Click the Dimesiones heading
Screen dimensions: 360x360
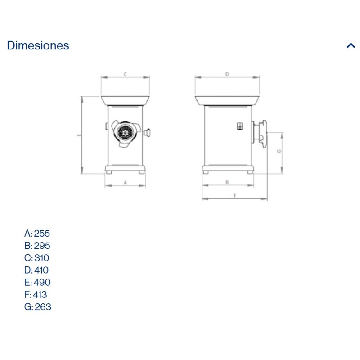pyautogui.click(x=38, y=45)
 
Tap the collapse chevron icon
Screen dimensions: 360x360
pyautogui.click(x=351, y=45)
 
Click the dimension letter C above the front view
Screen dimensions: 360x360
pyautogui.click(x=125, y=74)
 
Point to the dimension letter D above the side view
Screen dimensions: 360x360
pyautogui.click(x=227, y=74)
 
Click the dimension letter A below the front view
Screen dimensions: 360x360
pyautogui.click(x=126, y=183)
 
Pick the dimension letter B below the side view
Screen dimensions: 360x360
pyautogui.click(x=227, y=183)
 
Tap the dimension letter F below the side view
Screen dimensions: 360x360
pyautogui.click(x=235, y=195)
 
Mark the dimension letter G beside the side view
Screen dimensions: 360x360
pyautogui.click(x=279, y=152)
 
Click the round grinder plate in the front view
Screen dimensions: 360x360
pyautogui.click(x=125, y=132)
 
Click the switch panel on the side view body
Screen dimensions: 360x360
pyautogui.click(x=239, y=127)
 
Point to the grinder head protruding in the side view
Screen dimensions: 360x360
pyautogui.click(x=261, y=133)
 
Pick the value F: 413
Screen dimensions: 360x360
pyautogui.click(x=36, y=295)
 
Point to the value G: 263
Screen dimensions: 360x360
pyautogui.click(x=37, y=307)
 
